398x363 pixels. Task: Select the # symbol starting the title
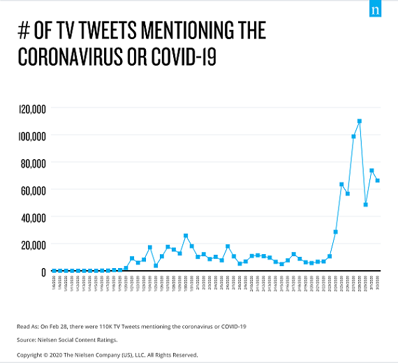point(23,31)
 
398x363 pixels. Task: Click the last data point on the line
point(378,181)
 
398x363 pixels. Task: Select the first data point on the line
point(54,271)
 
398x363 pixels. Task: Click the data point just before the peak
point(353,137)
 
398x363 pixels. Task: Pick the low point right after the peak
point(366,205)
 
